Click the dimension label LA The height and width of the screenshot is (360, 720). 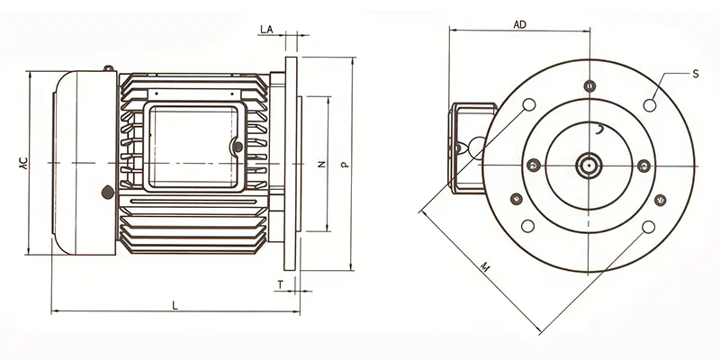[x=266, y=30]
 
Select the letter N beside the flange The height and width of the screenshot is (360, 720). [x=321, y=165]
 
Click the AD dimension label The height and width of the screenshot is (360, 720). [x=519, y=25]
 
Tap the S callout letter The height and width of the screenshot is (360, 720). [x=696, y=73]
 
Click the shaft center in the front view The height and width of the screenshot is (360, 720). [x=589, y=165]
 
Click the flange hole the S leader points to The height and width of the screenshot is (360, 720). [x=650, y=105]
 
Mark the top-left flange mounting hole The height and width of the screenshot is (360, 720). [x=529, y=104]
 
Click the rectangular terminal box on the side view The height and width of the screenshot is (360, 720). [x=193, y=148]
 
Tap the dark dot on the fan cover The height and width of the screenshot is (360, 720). [x=109, y=191]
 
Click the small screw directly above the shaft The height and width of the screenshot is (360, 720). [x=589, y=86]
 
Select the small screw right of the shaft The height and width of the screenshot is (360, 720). [x=644, y=165]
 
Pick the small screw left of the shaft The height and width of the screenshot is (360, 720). [x=534, y=165]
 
